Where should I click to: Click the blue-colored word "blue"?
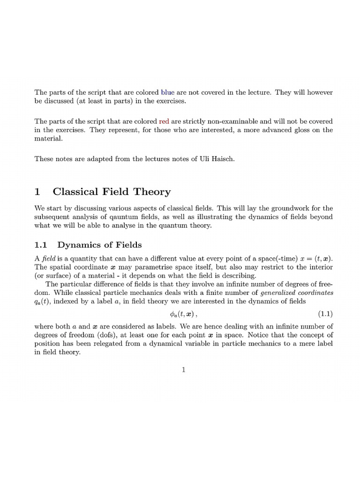[167, 92]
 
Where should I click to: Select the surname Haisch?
[221, 158]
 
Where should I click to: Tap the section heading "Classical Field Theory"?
[112, 192]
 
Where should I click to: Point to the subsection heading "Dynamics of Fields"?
[99, 245]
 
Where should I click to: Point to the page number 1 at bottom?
[184, 370]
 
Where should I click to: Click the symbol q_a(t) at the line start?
[43, 301]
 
